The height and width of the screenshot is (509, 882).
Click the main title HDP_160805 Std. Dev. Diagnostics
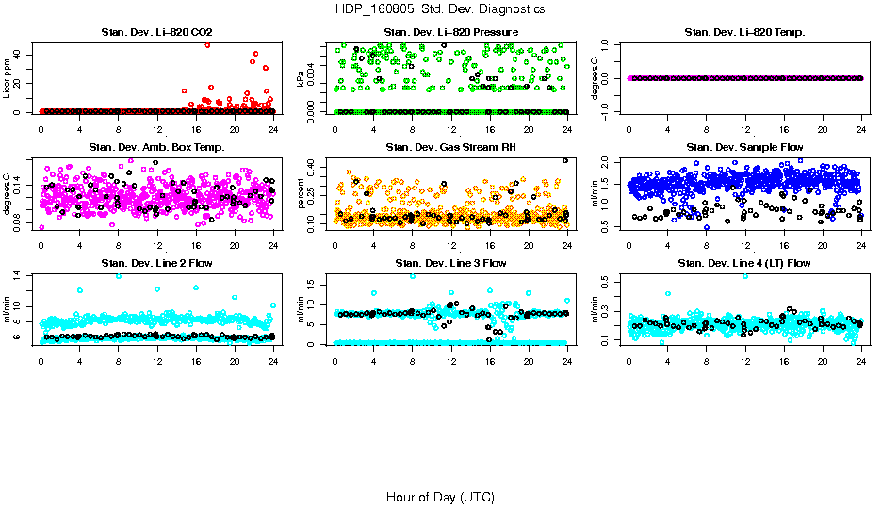tap(440, 8)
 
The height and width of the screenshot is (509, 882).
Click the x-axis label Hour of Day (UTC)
tap(440, 497)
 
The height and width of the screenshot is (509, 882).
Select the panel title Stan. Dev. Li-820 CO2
tap(156, 33)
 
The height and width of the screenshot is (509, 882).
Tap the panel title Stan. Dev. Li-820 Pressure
tap(450, 33)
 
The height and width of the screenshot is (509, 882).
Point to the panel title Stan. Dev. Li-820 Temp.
tap(744, 33)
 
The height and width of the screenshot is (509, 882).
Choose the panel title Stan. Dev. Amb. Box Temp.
tap(156, 147)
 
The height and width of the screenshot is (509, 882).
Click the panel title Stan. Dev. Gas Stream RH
tap(450, 147)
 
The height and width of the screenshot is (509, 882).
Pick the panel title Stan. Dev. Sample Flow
tap(744, 147)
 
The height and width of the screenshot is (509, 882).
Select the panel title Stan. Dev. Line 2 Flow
tap(156, 262)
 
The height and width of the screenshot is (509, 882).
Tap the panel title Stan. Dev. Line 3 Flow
tap(450, 262)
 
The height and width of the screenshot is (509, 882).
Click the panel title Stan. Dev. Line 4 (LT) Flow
tap(744, 262)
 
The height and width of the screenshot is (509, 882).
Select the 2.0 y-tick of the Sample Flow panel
tap(609, 161)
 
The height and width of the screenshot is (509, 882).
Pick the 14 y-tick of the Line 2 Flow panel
tap(21, 275)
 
